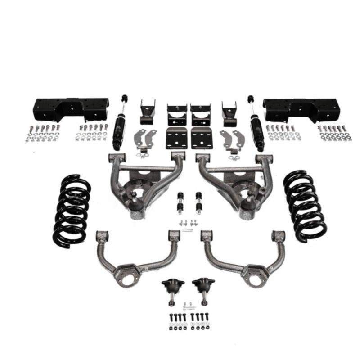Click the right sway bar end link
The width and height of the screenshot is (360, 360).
198,203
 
